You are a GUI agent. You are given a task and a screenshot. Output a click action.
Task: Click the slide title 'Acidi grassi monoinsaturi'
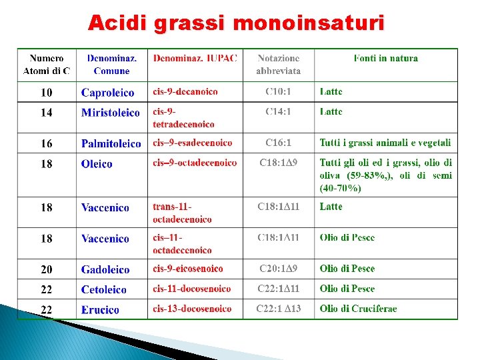(x=236, y=23)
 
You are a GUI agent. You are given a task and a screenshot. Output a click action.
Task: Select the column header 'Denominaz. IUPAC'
(x=195, y=59)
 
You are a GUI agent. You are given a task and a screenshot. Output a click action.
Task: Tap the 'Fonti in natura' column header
(x=385, y=59)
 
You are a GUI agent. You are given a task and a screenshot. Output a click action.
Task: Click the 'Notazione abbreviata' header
(x=278, y=65)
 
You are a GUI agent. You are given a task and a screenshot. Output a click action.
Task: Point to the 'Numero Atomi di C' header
(x=47, y=65)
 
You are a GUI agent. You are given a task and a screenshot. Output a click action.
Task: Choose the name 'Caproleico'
(x=107, y=93)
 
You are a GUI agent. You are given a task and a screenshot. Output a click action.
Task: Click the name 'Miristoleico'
(x=111, y=113)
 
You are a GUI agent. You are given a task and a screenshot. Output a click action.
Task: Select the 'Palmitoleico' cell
(x=111, y=143)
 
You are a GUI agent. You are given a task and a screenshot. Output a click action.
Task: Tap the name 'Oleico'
(x=97, y=164)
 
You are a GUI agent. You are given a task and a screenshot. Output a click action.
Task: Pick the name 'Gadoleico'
(x=105, y=269)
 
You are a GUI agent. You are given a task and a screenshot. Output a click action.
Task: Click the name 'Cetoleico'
(x=103, y=289)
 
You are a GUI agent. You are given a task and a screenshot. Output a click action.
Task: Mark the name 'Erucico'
(x=100, y=309)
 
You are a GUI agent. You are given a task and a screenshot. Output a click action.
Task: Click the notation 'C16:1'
(x=278, y=143)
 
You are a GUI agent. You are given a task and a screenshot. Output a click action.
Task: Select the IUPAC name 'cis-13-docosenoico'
(x=192, y=309)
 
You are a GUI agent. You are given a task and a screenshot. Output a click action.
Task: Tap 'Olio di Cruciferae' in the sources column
(x=358, y=309)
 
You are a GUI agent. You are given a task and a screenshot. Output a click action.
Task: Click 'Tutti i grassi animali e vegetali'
(x=385, y=143)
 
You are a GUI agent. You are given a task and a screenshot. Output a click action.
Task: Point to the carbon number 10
(x=47, y=93)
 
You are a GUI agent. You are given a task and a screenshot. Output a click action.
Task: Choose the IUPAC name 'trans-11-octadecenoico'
(x=182, y=213)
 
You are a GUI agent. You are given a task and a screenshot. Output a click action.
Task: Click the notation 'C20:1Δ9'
(x=278, y=269)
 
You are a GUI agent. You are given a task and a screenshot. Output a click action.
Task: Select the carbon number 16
(x=47, y=143)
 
